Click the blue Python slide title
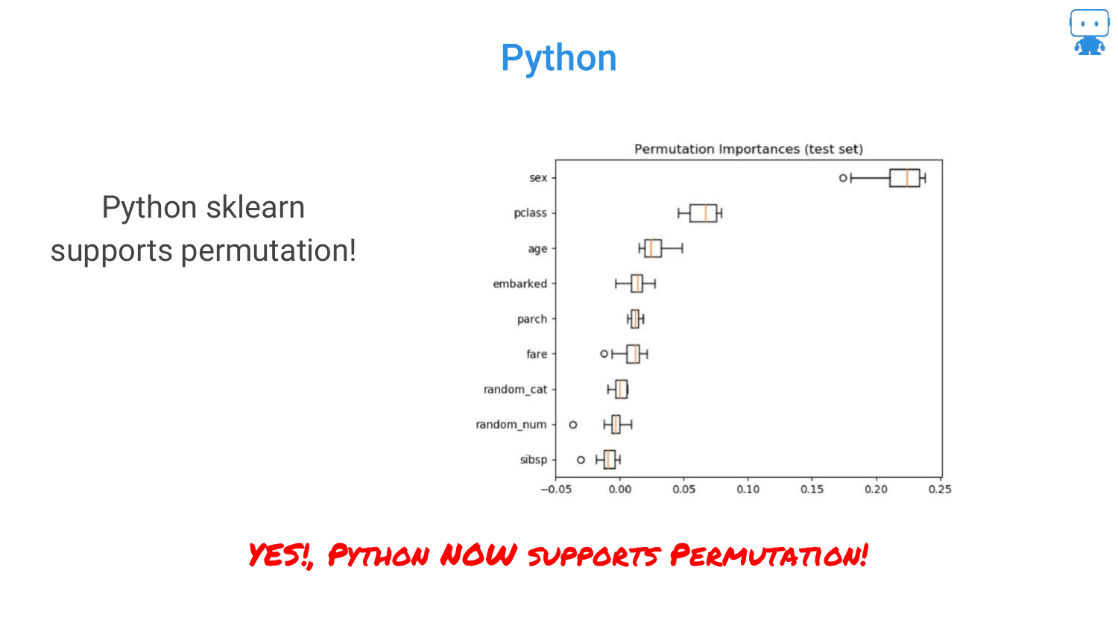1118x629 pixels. pyautogui.click(x=558, y=59)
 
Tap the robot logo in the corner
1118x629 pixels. pyautogui.click(x=1089, y=32)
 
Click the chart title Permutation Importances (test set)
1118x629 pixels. pyautogui.click(x=748, y=149)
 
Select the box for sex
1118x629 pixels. pyautogui.click(x=904, y=178)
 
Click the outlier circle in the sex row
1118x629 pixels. pyautogui.click(x=843, y=177)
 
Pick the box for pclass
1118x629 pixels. pyautogui.click(x=704, y=213)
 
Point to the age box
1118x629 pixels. pyautogui.click(x=653, y=249)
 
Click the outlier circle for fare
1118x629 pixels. pyautogui.click(x=604, y=354)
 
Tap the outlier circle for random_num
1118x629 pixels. pyautogui.click(x=573, y=425)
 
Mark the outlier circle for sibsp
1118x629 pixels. pyautogui.click(x=581, y=460)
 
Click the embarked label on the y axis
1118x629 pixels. pyautogui.click(x=520, y=284)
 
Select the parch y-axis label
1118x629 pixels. pyautogui.click(x=532, y=320)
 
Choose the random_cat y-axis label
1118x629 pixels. pyautogui.click(x=516, y=389)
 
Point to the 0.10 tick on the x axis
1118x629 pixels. pyautogui.click(x=748, y=489)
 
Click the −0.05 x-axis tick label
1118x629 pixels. pyautogui.click(x=556, y=489)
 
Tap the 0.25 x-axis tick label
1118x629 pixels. pyautogui.click(x=940, y=489)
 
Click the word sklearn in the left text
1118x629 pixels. pyautogui.click(x=256, y=207)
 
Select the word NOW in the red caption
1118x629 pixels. pyautogui.click(x=479, y=554)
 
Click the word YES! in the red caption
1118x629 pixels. pyautogui.click(x=279, y=555)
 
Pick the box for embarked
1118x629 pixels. pyautogui.click(x=637, y=283)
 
